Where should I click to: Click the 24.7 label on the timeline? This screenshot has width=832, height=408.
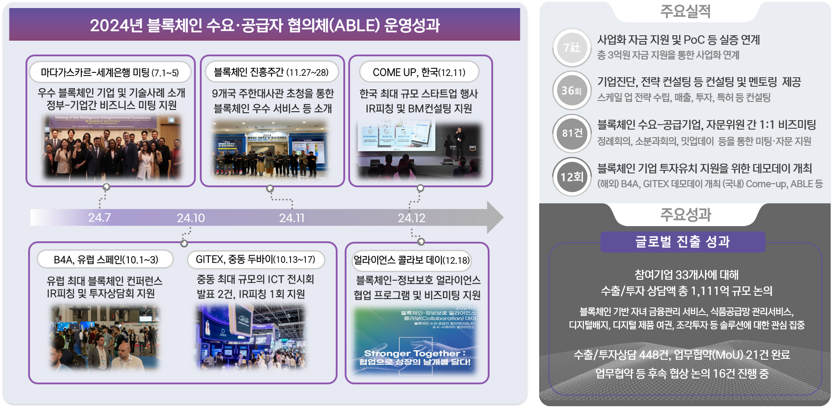coord(99,218)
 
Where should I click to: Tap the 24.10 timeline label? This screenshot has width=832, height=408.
coord(190,218)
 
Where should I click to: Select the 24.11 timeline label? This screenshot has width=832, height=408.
coord(291,218)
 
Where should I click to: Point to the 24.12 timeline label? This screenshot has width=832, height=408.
coord(411,218)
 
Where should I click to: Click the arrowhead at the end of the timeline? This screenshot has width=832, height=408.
coord(494,218)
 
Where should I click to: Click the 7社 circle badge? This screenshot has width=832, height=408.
coord(572,48)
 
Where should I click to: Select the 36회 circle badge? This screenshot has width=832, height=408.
coord(572,91)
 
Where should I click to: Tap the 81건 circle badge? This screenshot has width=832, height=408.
coord(572,134)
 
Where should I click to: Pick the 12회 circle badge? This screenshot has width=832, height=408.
coord(572,177)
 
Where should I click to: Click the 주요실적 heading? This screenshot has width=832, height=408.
coord(685,11)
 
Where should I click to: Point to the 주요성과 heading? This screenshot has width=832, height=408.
coord(685,215)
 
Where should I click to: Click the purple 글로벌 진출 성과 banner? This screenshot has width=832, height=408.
coord(682,242)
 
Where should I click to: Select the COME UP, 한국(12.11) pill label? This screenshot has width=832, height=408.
coord(419,72)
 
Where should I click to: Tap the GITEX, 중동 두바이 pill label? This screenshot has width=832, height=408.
coord(255,260)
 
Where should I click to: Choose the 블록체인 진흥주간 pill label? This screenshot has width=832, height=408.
coord(271,72)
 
